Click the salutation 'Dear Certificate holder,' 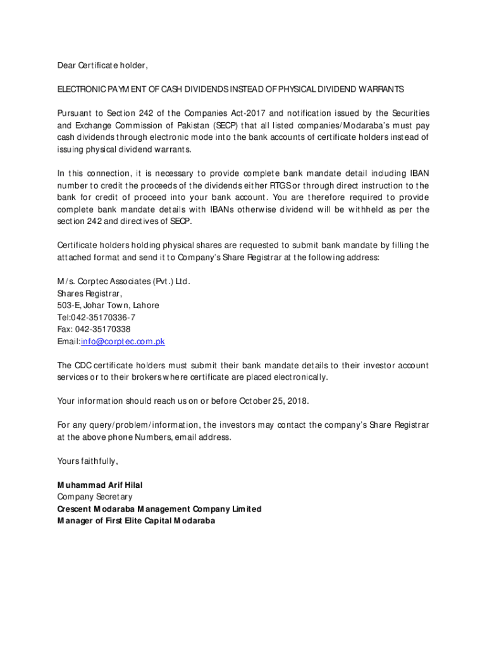pos(102,65)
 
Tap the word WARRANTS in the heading pos(382,89)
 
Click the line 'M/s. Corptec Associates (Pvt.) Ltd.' pos(124,281)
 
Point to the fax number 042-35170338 pos(103,329)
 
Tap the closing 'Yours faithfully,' pos(87,461)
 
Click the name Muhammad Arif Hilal pos(100,485)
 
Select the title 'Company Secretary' pos(95,497)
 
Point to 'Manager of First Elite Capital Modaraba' pos(136,521)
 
